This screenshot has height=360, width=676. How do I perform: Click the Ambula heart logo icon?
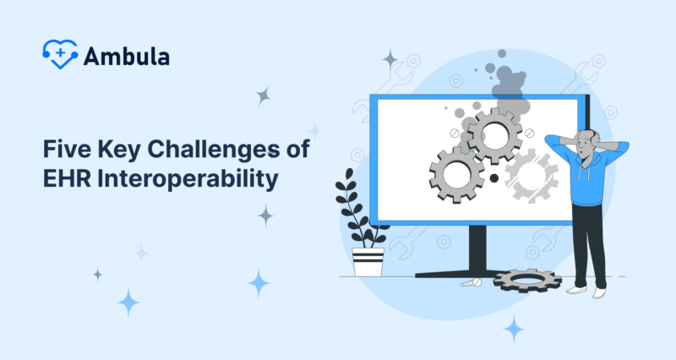click(x=59, y=54)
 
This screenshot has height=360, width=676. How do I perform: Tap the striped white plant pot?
click(x=368, y=261)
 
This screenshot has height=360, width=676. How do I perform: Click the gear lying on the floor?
click(x=526, y=280)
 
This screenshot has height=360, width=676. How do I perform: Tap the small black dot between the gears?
click(x=493, y=178)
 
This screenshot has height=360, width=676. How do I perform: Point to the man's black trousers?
click(x=588, y=245)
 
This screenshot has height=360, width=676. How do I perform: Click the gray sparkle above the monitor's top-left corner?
click(x=390, y=60)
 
